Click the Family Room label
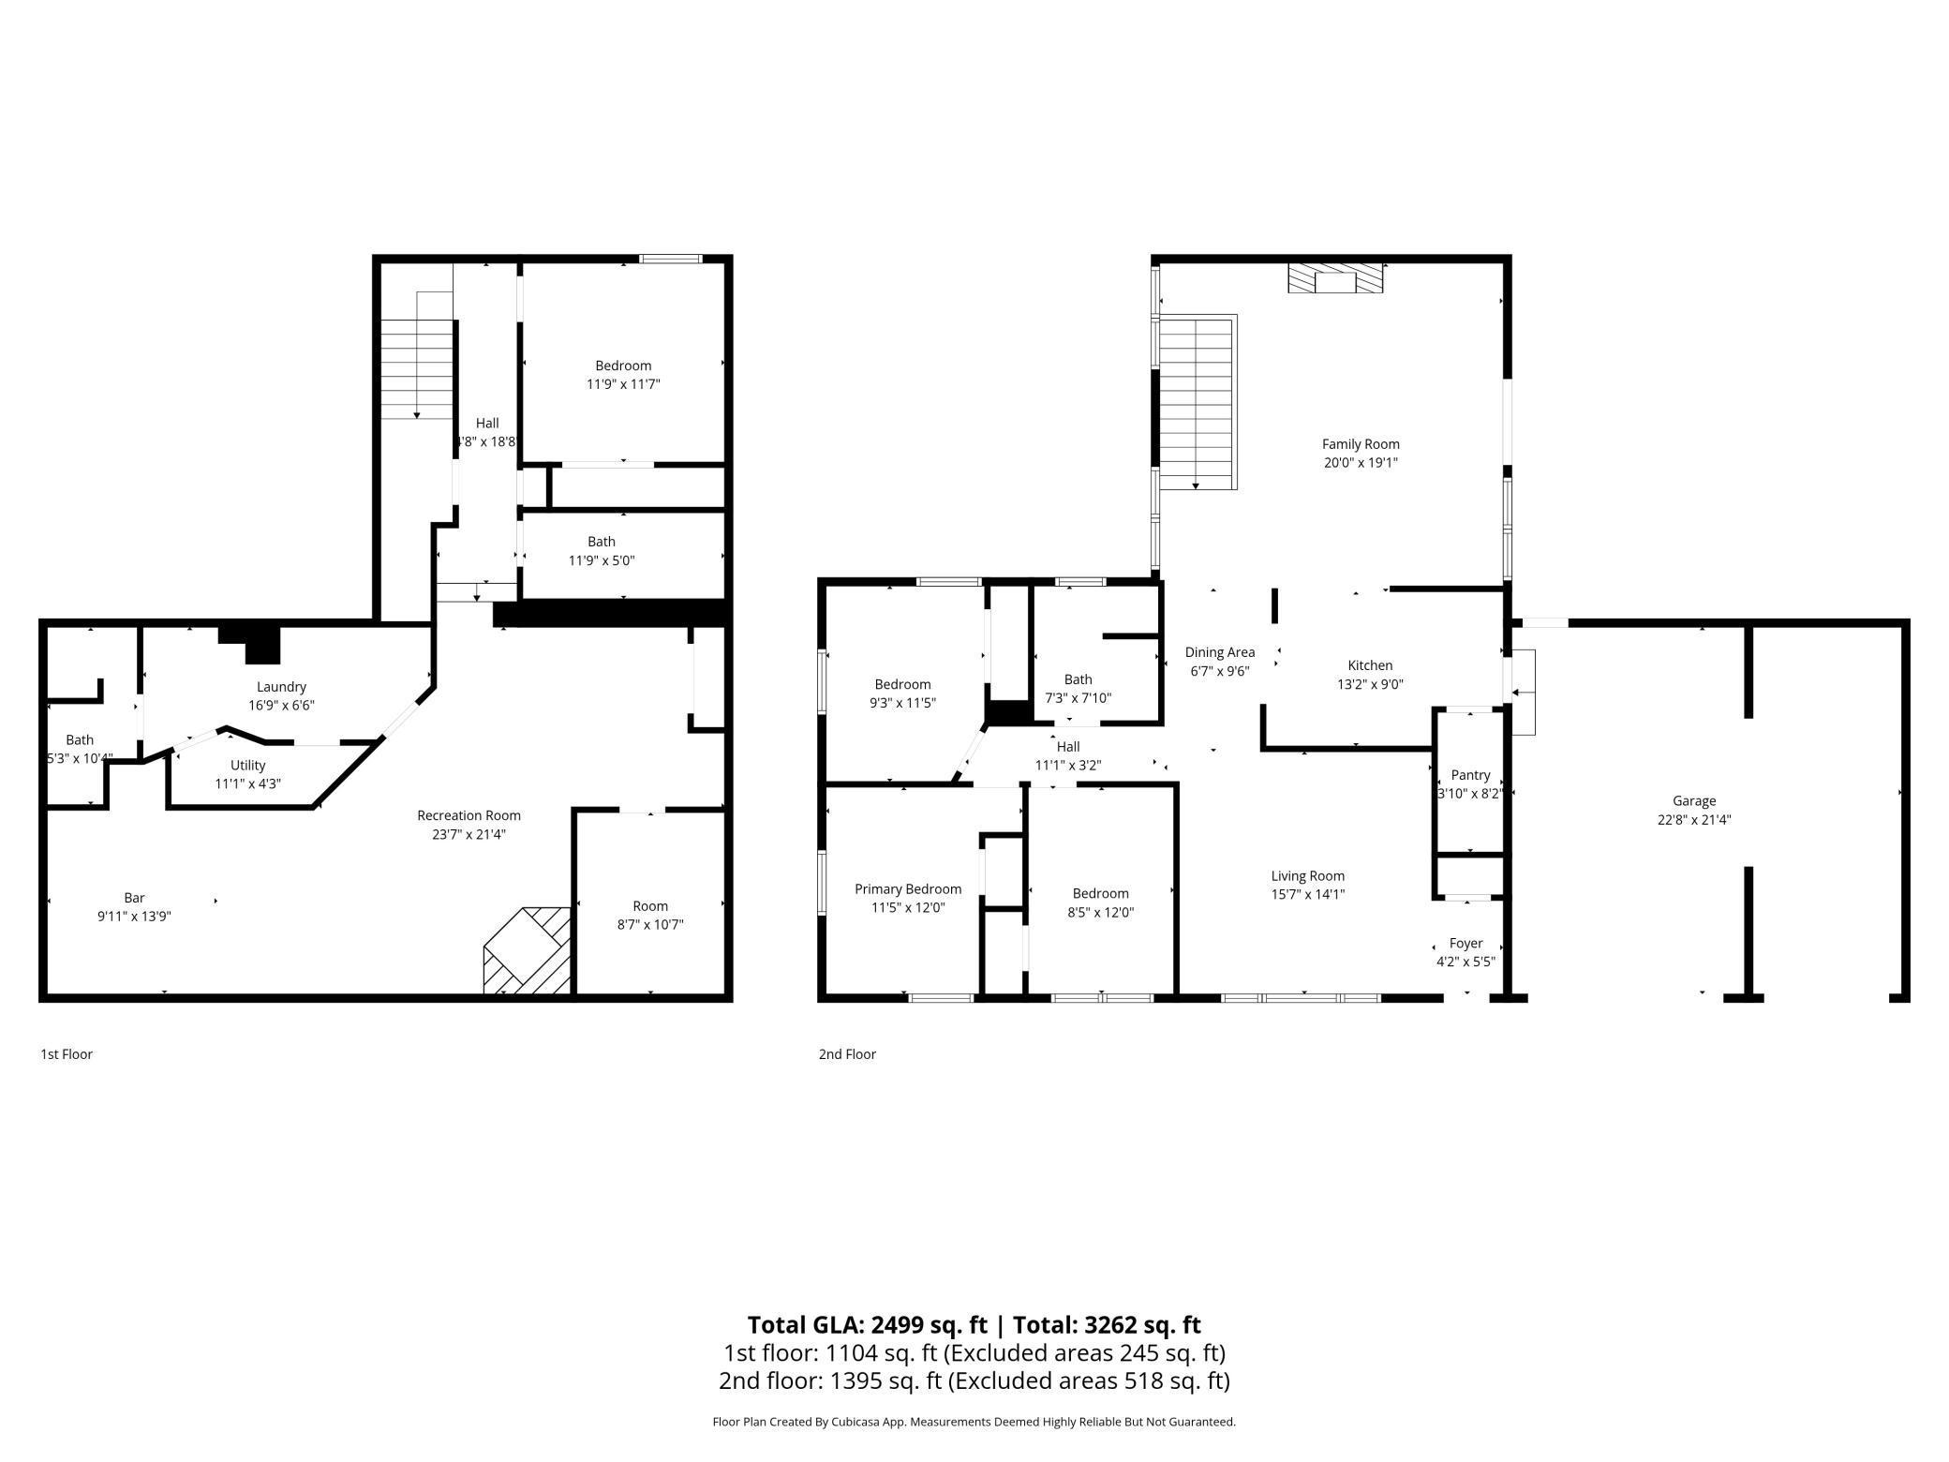click(x=1361, y=444)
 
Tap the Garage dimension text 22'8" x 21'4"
click(x=1693, y=819)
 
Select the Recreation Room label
click(x=469, y=815)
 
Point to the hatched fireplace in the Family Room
click(x=1335, y=278)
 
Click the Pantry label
click(x=1470, y=775)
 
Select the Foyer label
click(x=1465, y=944)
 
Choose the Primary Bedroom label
click(x=908, y=889)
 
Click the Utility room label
click(x=248, y=766)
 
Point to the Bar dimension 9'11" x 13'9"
click(x=134, y=917)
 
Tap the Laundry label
click(x=281, y=687)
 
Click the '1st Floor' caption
click(x=67, y=1054)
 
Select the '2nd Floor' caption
click(x=847, y=1054)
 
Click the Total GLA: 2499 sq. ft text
click(x=867, y=1325)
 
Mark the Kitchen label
click(x=1370, y=665)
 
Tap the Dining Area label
click(x=1219, y=652)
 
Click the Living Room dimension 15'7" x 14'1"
click(x=1307, y=894)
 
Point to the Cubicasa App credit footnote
click(x=974, y=1422)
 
